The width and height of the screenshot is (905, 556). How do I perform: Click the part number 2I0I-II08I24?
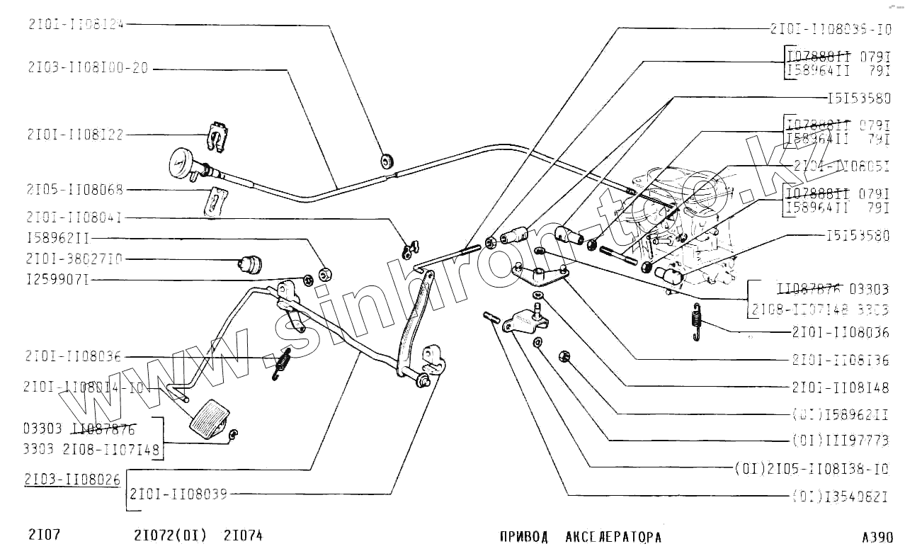76,24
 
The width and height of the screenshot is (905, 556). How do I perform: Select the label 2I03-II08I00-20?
88,69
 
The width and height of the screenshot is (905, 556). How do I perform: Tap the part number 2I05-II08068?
75,190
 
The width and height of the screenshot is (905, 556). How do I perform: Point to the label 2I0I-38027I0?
75,259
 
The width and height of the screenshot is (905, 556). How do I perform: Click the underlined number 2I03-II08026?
72,480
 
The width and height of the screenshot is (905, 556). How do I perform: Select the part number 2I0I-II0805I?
841,166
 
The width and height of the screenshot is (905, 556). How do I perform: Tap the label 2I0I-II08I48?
841,388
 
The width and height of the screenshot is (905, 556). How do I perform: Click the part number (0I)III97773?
840,441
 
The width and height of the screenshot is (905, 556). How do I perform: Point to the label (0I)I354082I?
840,496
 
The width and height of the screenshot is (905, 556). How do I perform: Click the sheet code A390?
877,537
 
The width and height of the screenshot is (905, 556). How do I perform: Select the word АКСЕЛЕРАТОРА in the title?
613,537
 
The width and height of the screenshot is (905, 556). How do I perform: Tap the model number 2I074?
243,535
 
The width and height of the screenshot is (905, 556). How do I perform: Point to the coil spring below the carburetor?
698,321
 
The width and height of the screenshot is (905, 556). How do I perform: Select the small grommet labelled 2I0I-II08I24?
387,159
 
